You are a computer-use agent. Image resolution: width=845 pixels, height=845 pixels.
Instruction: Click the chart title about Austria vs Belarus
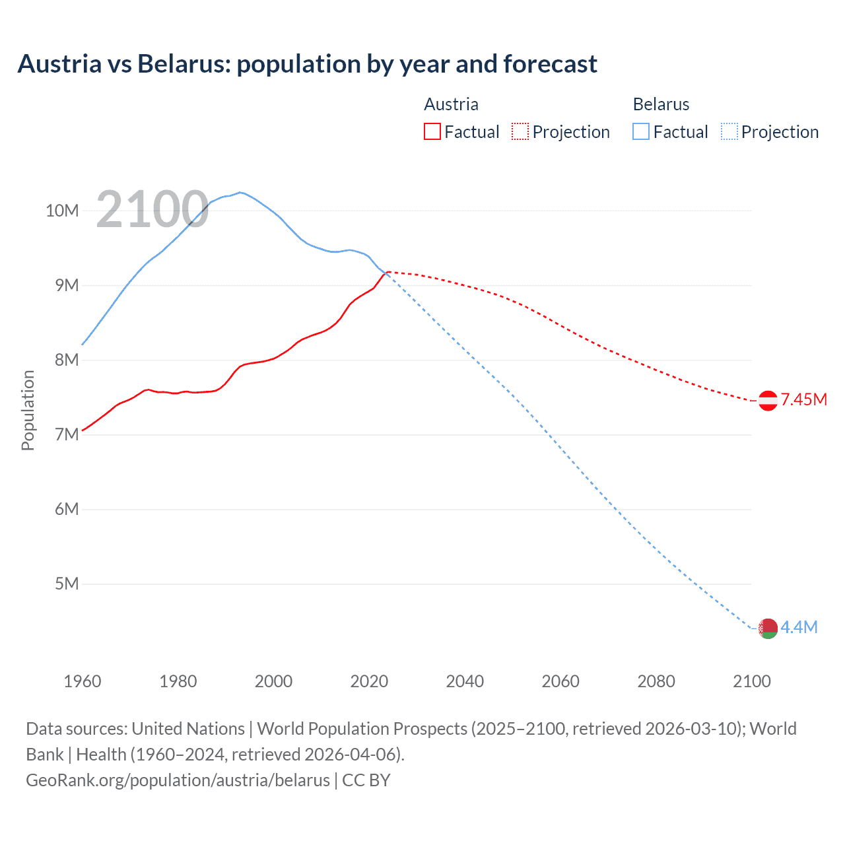(307, 64)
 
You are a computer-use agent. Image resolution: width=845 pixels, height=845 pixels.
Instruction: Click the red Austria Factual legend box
(432, 131)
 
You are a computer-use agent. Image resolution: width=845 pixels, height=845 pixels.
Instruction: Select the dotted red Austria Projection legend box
(520, 131)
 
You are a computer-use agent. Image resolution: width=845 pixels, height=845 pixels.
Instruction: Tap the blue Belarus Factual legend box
(640, 131)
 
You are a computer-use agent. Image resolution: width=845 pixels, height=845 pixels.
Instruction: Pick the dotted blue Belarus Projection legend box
(729, 131)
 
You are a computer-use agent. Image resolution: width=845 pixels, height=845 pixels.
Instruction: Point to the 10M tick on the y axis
(62, 211)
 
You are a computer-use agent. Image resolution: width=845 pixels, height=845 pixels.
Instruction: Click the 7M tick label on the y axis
(66, 434)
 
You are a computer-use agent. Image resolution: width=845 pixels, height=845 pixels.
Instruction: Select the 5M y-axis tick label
(66, 584)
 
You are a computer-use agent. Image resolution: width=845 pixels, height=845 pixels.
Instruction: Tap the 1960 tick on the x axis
(83, 681)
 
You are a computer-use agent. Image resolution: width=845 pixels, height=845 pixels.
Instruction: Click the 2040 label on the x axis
(465, 681)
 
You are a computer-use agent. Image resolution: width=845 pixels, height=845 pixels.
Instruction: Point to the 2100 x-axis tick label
(751, 681)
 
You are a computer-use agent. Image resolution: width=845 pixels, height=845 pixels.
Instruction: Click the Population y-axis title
(28, 410)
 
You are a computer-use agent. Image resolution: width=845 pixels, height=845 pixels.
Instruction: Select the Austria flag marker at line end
(768, 400)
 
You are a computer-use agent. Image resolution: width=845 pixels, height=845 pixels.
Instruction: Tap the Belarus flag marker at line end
(768, 628)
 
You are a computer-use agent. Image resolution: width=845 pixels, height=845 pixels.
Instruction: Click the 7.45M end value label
(803, 399)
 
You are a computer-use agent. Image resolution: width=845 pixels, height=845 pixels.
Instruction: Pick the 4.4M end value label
(799, 627)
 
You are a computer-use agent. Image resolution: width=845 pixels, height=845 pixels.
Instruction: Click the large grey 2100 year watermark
(152, 209)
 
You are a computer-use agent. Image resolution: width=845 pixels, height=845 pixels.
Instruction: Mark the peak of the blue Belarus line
(241, 192)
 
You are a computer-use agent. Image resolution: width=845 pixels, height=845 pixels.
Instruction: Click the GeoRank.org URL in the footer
(178, 780)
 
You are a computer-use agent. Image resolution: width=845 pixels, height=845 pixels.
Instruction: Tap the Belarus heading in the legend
(661, 104)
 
